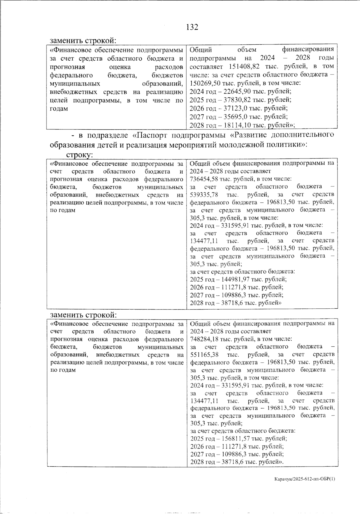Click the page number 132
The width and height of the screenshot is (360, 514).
pyautogui.click(x=192, y=27)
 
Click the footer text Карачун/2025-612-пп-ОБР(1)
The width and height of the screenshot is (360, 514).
pyautogui.click(x=304, y=479)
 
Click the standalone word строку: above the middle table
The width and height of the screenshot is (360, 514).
pyautogui.click(x=79, y=155)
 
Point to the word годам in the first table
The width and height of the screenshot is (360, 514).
pyautogui.click(x=59, y=109)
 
